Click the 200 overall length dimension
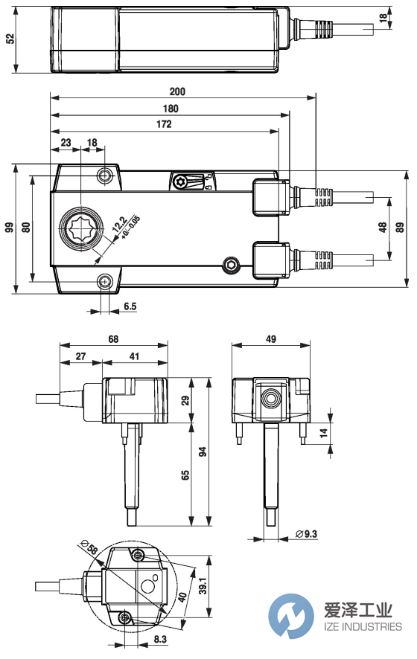176,92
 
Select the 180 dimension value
171,109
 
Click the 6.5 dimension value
130,306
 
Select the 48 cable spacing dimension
383,229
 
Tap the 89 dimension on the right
399,229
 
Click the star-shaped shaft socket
78,229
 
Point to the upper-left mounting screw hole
106,176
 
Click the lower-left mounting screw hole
106,280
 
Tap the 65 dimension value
185,474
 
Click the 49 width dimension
270,339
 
